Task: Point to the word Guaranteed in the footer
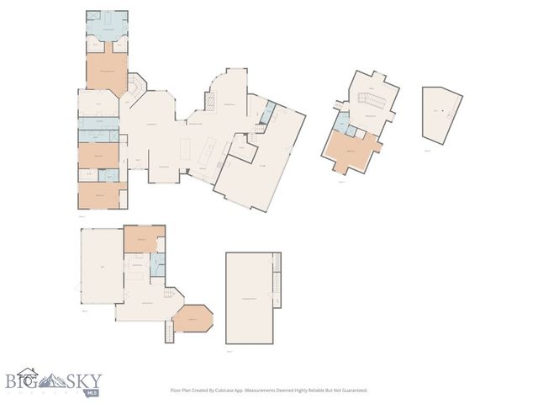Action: pyautogui.click(x=355, y=391)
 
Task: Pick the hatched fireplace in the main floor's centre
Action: pyautogui.click(x=134, y=85)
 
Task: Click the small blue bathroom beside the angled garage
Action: pyautogui.click(x=268, y=113)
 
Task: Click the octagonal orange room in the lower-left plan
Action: pyautogui.click(x=193, y=319)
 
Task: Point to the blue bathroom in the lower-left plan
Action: pyautogui.click(x=156, y=264)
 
